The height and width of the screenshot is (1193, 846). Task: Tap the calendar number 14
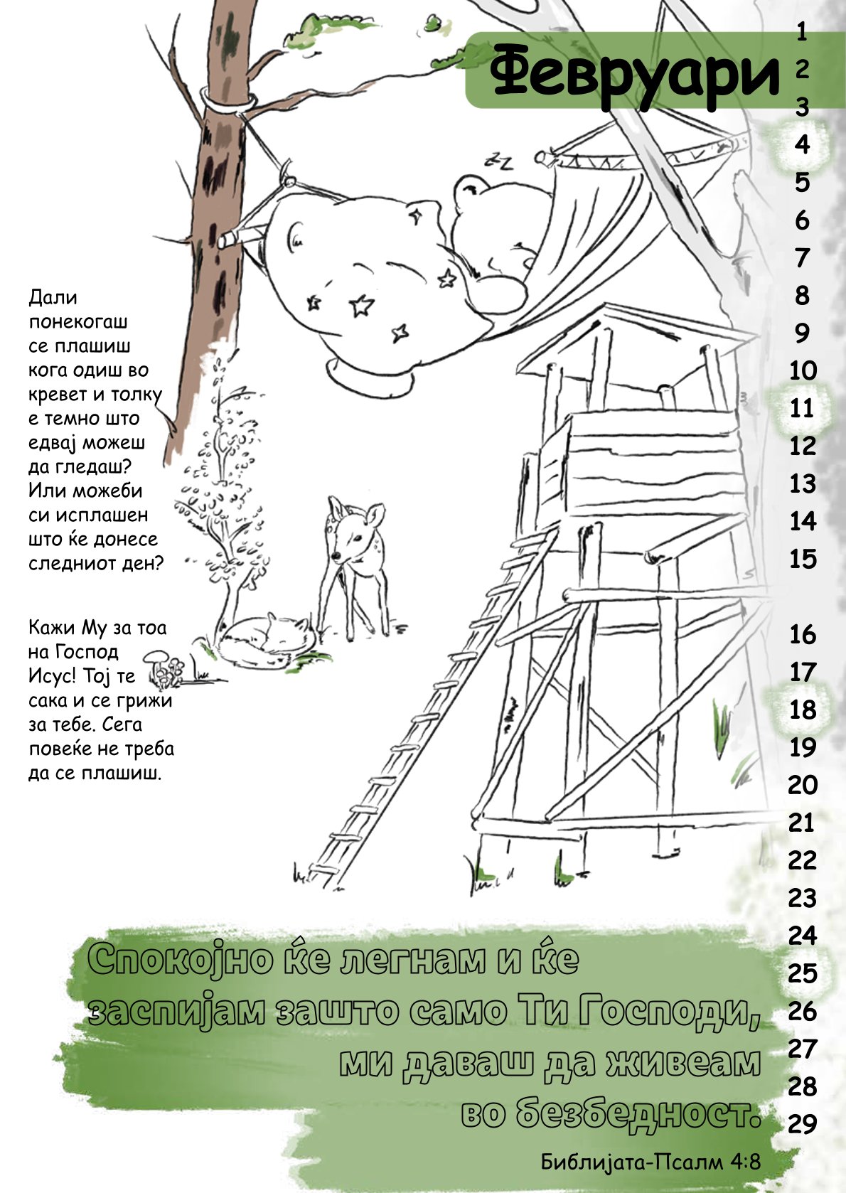point(803,521)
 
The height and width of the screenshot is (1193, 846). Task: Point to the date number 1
point(802,33)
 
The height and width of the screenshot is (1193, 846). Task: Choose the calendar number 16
point(803,634)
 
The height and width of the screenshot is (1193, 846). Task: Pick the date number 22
point(803,860)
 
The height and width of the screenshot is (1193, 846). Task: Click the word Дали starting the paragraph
point(53,297)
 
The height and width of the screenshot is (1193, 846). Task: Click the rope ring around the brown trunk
point(228,102)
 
